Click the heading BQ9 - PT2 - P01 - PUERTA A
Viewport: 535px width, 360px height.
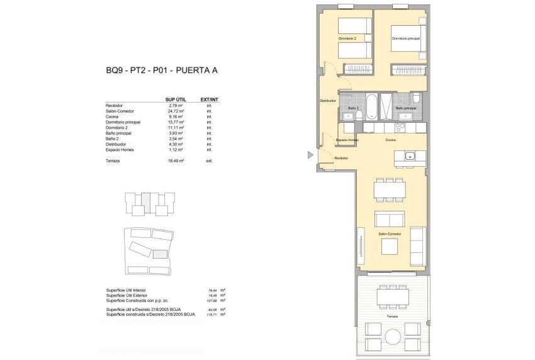pos(162,71)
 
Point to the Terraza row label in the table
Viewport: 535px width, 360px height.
pos(113,161)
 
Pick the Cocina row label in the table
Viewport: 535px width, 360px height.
pos(113,116)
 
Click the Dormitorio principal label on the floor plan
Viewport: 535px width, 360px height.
pos(405,39)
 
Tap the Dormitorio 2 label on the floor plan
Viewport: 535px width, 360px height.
pos(347,39)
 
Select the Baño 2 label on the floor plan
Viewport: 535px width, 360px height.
pos(352,108)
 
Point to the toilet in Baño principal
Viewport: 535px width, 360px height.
pos(417,98)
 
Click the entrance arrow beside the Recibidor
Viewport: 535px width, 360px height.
pos(310,154)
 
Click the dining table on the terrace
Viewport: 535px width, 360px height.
pos(393,295)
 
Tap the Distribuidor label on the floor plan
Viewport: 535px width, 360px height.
pos(327,101)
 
